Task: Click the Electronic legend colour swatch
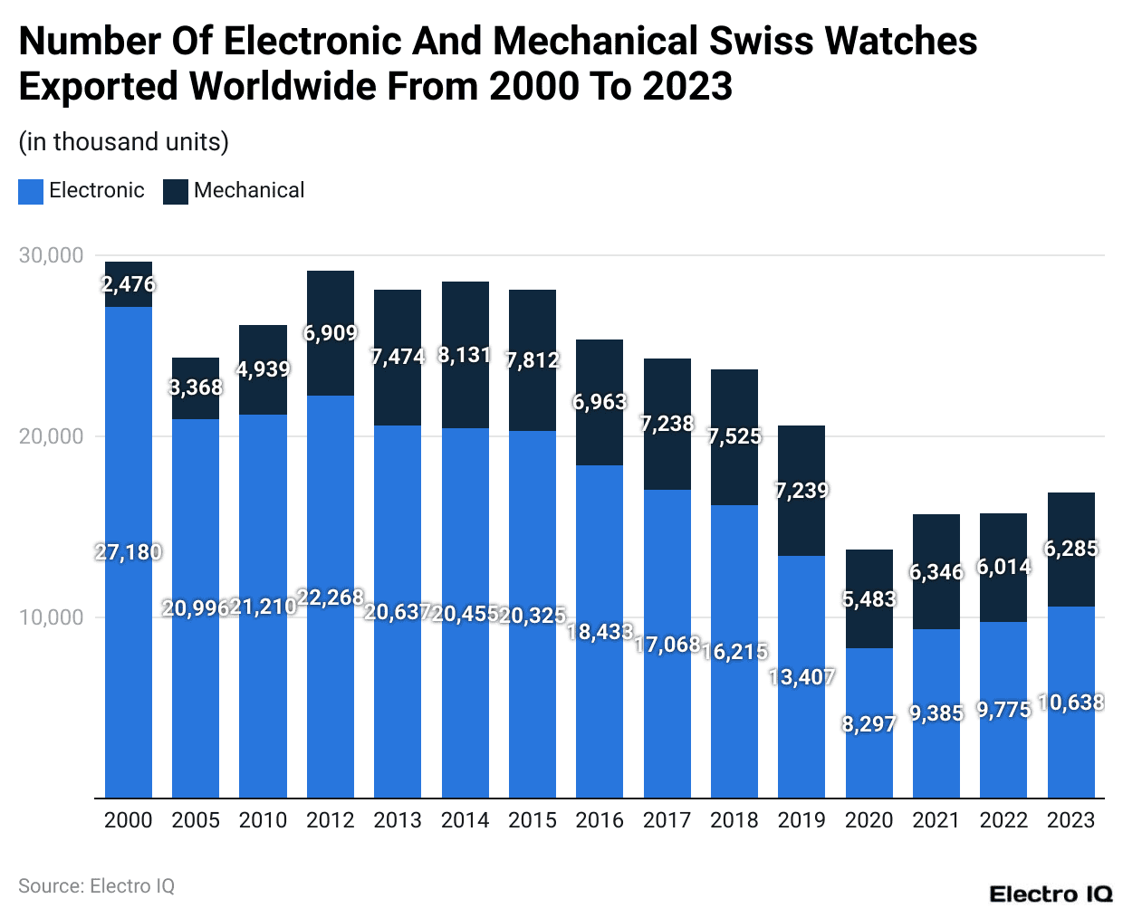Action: pos(31,191)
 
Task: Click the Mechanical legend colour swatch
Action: pos(176,191)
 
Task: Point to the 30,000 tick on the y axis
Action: pos(51,255)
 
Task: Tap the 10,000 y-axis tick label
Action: pos(51,617)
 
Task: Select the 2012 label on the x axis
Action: pos(330,820)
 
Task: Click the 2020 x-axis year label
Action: pos(869,820)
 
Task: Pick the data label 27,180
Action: pos(129,552)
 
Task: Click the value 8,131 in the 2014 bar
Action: pos(465,355)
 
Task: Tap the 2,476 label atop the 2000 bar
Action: pos(129,284)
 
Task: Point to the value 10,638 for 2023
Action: pos(1071,703)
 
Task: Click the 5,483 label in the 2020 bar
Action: pos(869,599)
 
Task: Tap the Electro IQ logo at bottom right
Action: pos(1051,894)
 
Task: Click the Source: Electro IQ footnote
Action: pos(96,886)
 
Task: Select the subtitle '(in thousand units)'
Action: pos(123,142)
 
